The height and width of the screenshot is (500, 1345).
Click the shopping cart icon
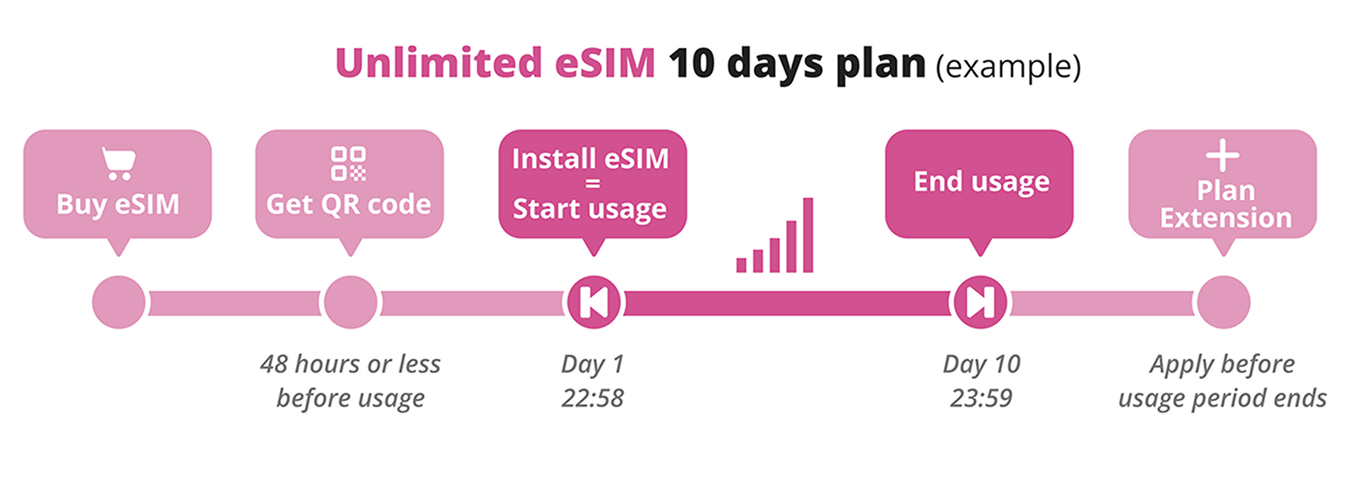pos(119,164)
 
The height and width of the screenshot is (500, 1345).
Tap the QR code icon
pos(348,164)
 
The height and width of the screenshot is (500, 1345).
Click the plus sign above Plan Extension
pos(1222,156)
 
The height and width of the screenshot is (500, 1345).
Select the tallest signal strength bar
pos(808,235)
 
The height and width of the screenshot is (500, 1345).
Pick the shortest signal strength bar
pos(741,266)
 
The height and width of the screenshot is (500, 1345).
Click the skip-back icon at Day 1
pos(593,302)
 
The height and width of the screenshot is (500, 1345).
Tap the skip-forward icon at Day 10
pos(980,302)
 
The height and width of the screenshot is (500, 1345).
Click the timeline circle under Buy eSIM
pos(119,302)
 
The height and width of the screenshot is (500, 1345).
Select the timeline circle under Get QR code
pos(351,302)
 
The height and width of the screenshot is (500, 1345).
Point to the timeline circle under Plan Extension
pos(1224,302)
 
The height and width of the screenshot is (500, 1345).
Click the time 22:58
pos(593,398)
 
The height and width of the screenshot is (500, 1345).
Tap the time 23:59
pos(981,398)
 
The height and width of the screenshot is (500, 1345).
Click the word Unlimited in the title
pos(438,62)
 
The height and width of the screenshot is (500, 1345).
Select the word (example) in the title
pos(1008,66)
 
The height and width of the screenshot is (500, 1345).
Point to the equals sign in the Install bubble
pos(593,184)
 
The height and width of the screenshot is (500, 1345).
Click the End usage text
pos(982,182)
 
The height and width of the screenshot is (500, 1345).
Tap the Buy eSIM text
pos(119,205)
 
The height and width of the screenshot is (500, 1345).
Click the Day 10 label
pos(982,365)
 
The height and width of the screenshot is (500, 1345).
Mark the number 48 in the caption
pos(274,365)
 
